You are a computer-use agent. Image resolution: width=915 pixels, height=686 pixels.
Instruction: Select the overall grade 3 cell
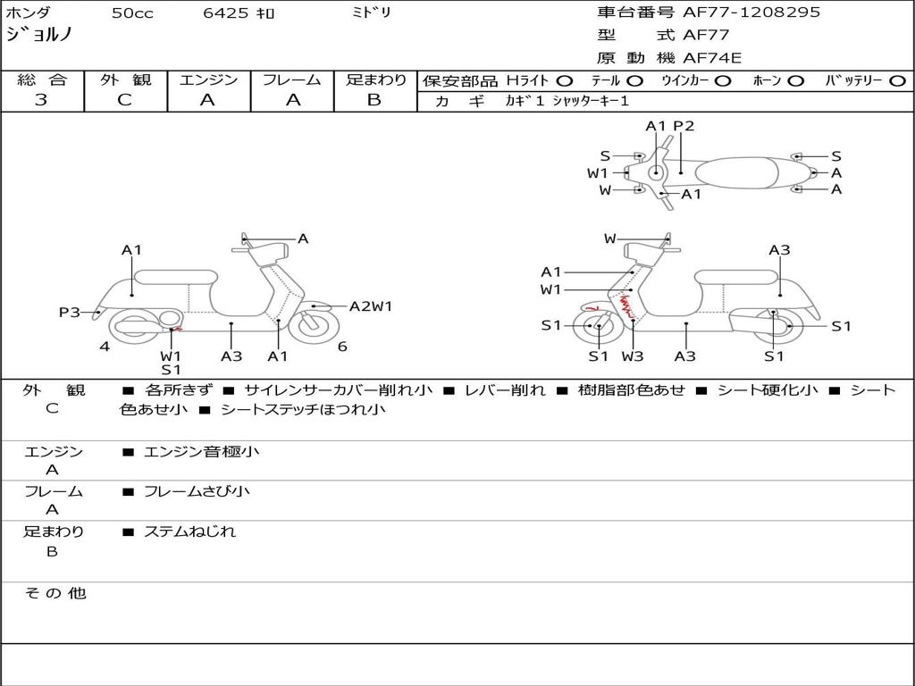click(41, 100)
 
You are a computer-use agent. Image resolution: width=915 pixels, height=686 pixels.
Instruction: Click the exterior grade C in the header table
click(125, 100)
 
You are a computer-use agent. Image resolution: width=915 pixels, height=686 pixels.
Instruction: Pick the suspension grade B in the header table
click(374, 100)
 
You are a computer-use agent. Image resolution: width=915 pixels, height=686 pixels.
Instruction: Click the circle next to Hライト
click(565, 80)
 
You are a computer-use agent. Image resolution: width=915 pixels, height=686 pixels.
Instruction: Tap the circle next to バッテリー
click(897, 80)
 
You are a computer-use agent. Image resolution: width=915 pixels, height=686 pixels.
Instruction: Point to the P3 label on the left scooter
click(70, 312)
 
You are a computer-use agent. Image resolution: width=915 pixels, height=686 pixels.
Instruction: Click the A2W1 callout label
click(370, 306)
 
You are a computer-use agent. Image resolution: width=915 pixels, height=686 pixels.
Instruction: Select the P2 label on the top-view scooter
click(684, 126)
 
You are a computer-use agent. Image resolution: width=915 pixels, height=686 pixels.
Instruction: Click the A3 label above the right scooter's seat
click(779, 250)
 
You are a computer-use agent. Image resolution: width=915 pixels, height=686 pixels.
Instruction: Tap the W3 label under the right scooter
click(633, 356)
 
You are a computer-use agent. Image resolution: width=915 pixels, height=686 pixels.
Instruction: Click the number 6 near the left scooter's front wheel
click(342, 347)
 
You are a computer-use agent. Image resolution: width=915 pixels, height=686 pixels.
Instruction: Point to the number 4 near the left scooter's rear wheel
click(105, 347)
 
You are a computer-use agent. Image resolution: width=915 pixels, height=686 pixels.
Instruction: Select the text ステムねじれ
click(189, 531)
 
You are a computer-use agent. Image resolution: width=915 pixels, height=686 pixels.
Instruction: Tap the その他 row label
click(55, 593)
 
